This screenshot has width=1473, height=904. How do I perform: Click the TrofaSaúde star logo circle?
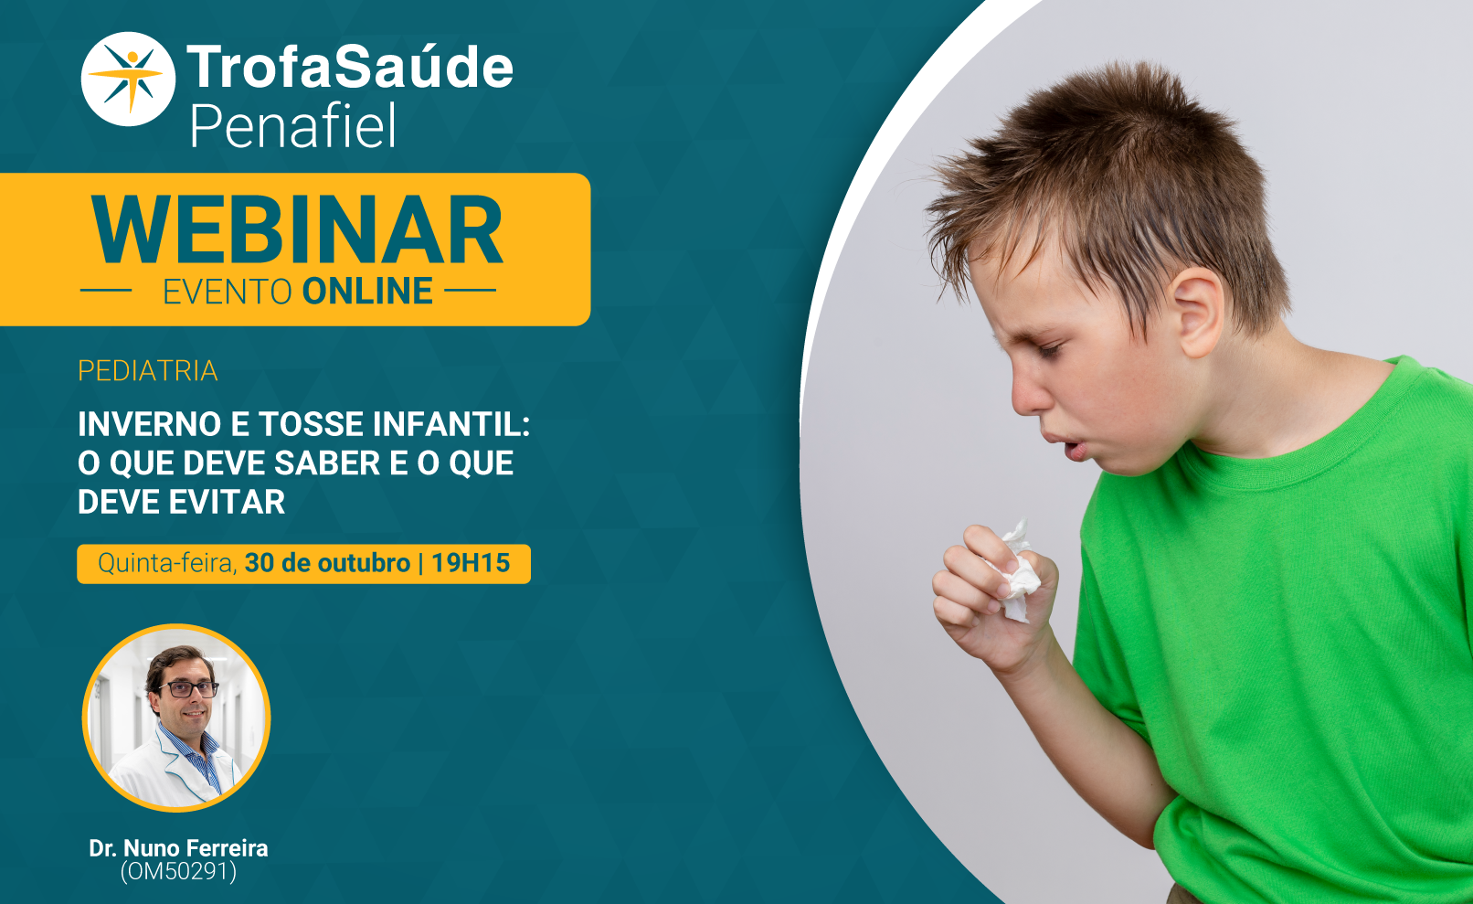click(128, 79)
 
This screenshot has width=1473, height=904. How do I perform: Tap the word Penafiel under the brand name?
click(293, 126)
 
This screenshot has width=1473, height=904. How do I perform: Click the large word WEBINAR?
click(297, 231)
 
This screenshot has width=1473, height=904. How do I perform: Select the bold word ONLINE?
click(367, 292)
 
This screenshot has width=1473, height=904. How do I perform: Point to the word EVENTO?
click(228, 292)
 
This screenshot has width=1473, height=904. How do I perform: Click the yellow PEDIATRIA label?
click(148, 371)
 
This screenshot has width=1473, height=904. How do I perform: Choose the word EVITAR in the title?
click(227, 502)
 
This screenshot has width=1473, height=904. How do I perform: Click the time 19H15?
click(471, 563)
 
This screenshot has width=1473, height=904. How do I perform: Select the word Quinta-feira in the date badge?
click(167, 564)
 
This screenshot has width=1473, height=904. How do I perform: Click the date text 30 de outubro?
click(327, 563)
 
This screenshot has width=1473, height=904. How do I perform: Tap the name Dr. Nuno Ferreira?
click(179, 848)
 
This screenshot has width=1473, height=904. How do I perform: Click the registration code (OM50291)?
click(179, 872)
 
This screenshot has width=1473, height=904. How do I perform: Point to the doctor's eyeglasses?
click(187, 689)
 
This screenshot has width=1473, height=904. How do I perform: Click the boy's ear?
click(1198, 312)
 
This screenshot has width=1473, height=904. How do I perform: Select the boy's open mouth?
click(1075, 451)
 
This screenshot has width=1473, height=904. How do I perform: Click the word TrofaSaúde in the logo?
click(350, 67)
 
